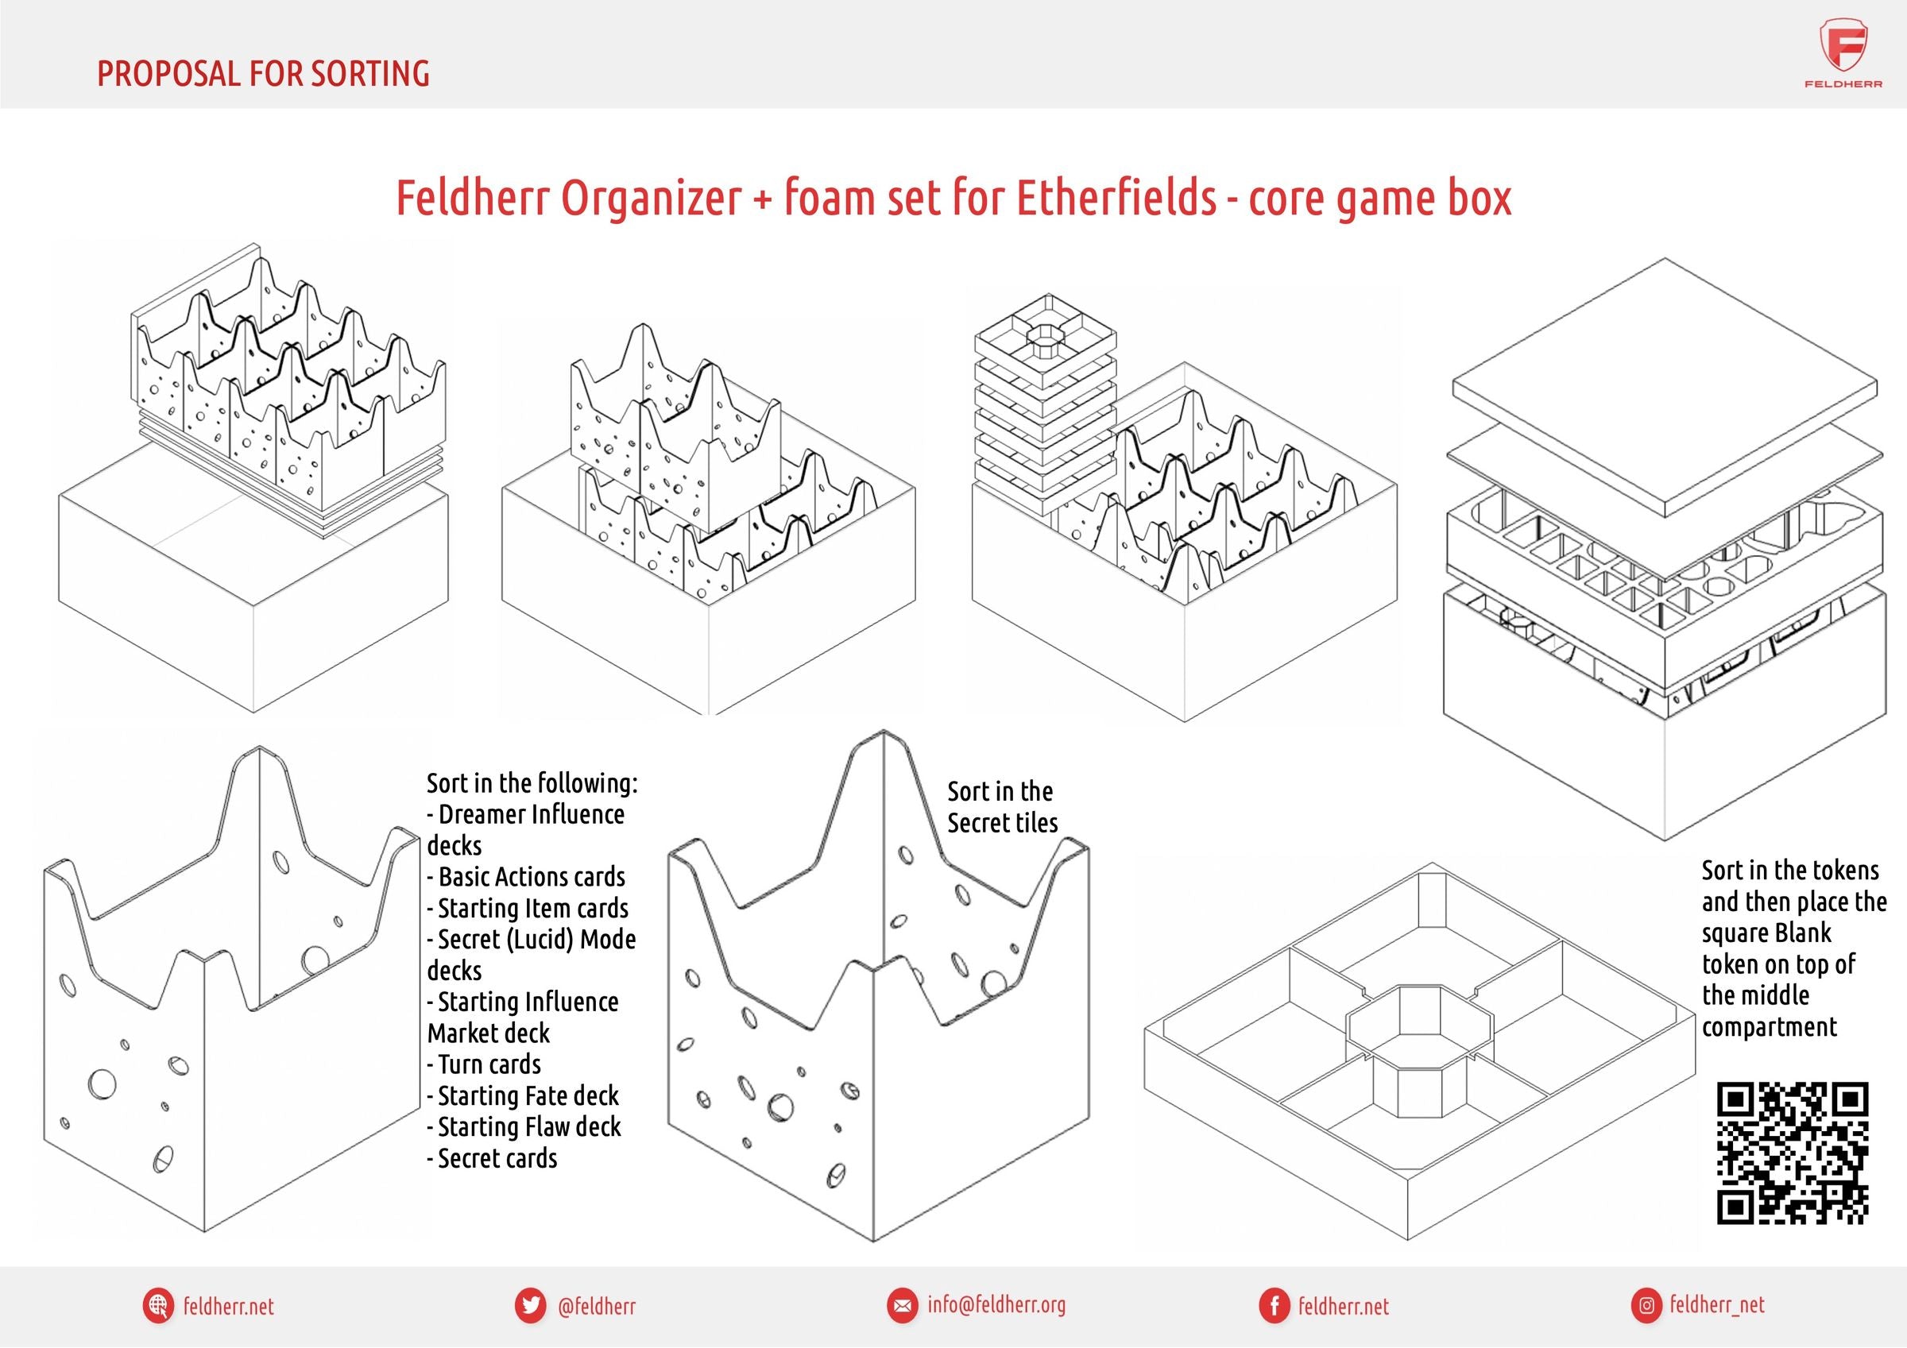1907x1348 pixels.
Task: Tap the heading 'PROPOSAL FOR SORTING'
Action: [x=263, y=74]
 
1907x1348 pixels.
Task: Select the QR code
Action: [x=1793, y=1152]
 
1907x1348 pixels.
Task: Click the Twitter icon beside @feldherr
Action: [x=530, y=1305]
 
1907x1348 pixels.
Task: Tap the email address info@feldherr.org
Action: [x=996, y=1304]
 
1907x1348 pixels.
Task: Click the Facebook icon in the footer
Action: [x=1273, y=1306]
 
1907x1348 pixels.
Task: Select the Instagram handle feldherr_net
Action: [x=1717, y=1304]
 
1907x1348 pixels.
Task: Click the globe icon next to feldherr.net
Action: [x=157, y=1305]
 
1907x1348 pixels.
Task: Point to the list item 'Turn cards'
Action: [x=483, y=1064]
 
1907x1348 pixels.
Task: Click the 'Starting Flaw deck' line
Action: [x=524, y=1127]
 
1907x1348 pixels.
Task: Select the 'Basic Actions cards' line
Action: [x=526, y=877]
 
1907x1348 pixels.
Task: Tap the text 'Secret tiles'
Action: [x=1003, y=823]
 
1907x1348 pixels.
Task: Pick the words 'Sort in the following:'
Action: [x=532, y=783]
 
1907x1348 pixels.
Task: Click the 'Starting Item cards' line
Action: [x=528, y=909]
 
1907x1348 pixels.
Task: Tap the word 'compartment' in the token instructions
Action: [x=1769, y=1027]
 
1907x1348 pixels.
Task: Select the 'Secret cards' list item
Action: [x=492, y=1159]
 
